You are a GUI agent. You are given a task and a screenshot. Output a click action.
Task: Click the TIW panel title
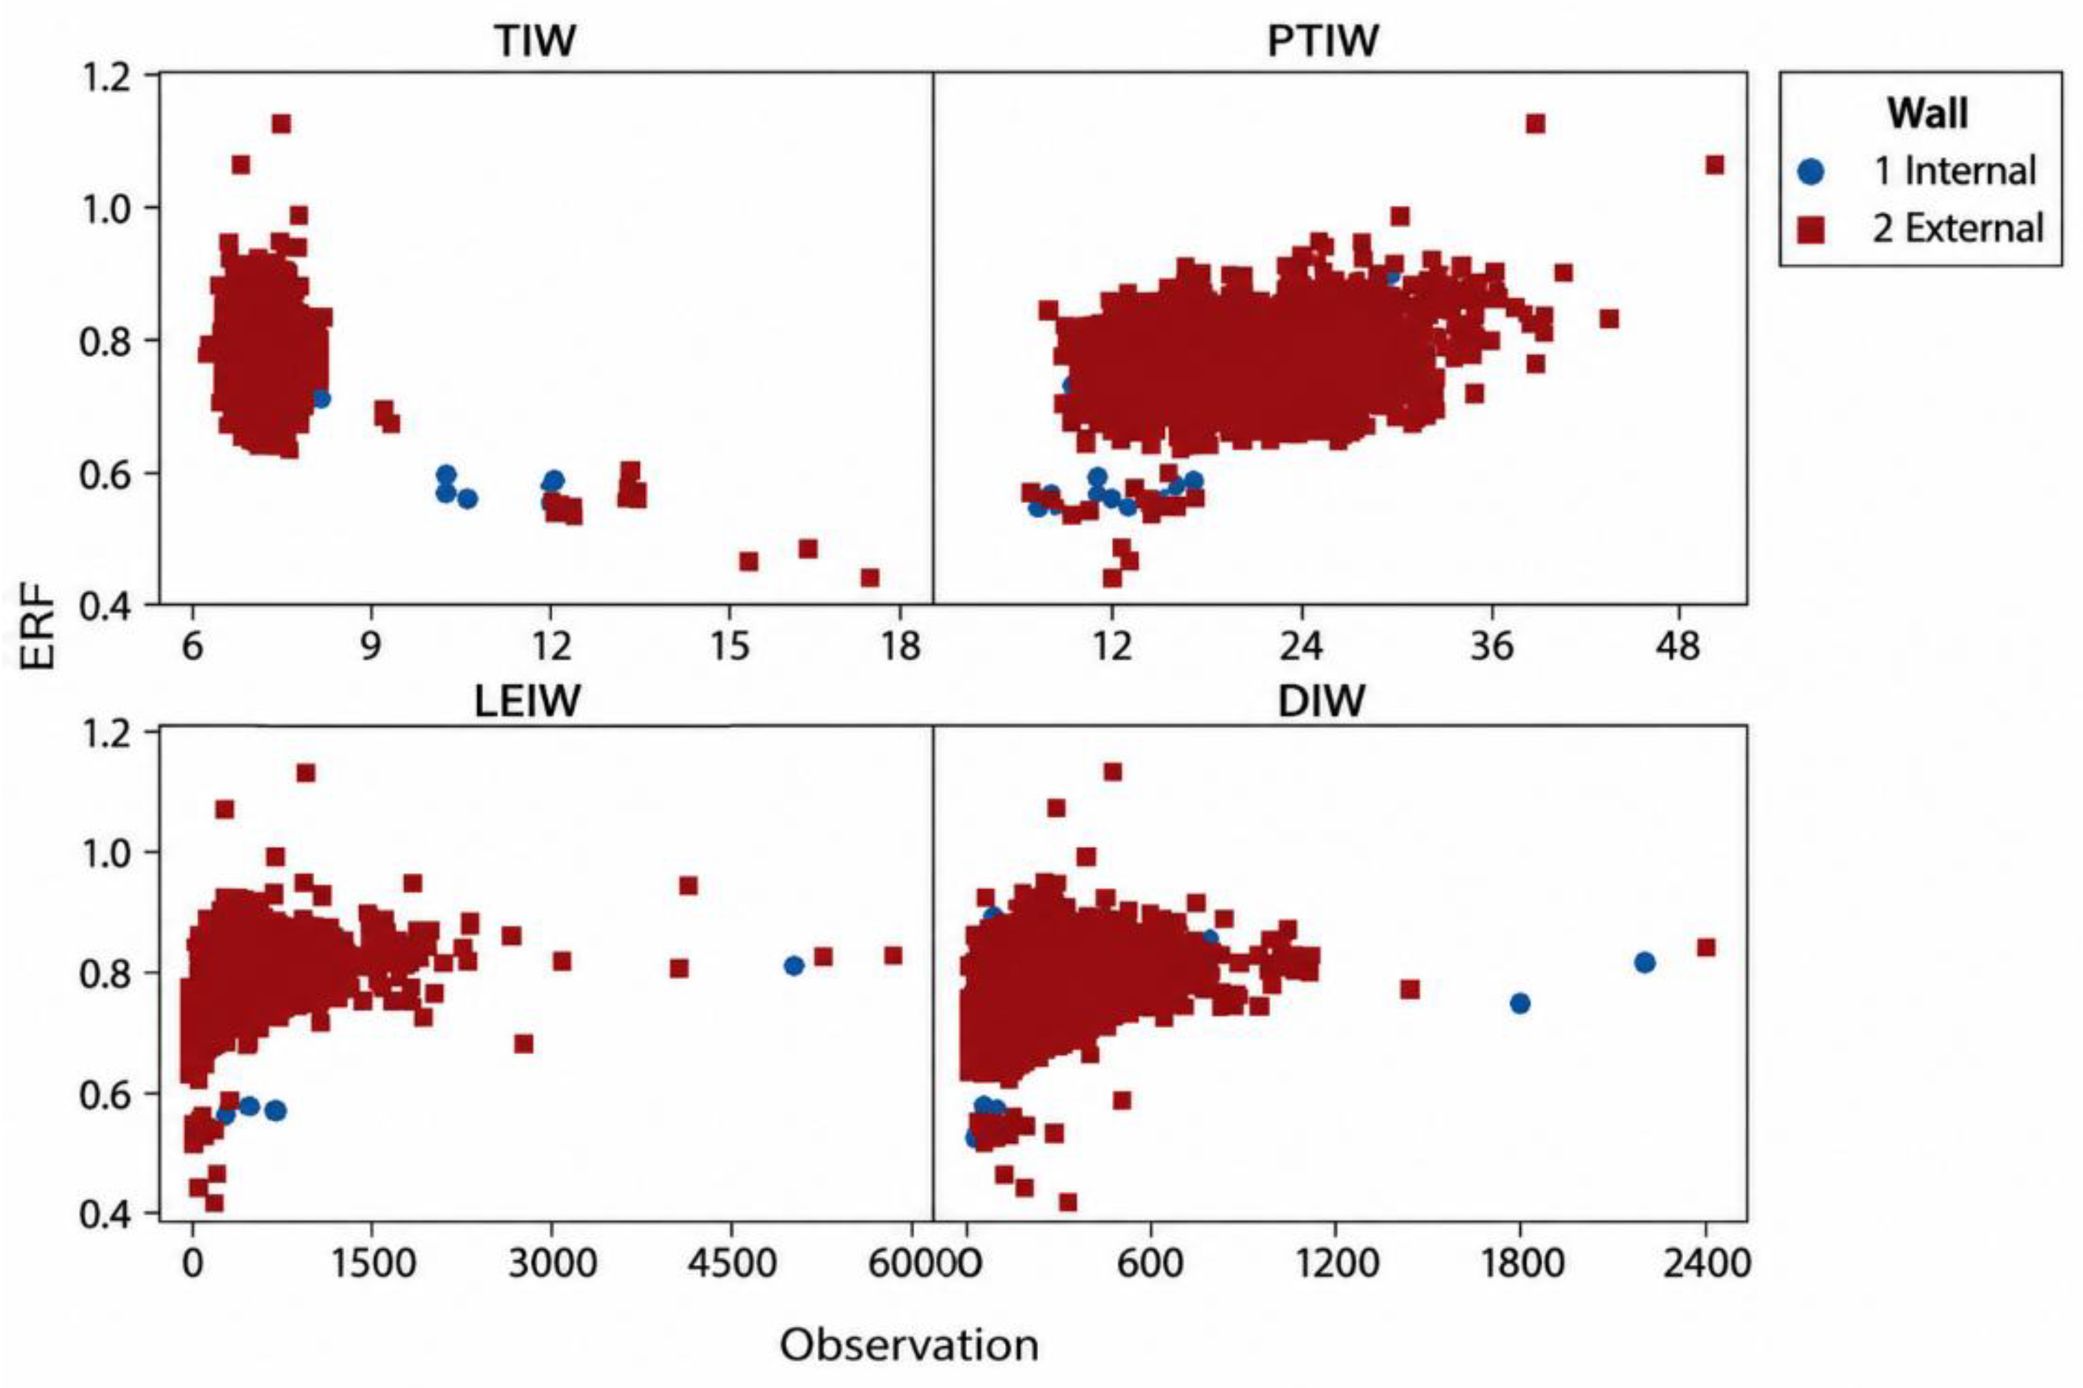pos(535,40)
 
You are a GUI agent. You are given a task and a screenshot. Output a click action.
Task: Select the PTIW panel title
pos(1322,40)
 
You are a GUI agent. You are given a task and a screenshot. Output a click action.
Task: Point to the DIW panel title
pos(1322,701)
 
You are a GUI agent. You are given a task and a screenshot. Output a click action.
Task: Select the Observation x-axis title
pos(909,1345)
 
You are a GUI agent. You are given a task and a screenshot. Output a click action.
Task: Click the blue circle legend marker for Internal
pos(1812,171)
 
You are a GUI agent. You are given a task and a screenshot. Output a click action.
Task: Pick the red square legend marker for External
pos(1812,229)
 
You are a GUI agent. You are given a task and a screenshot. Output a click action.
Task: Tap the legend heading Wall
pos(1927,114)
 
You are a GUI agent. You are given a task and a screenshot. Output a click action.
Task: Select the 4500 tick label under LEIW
pos(730,1262)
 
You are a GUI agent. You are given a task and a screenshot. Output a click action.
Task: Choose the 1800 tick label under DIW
pos(1520,1262)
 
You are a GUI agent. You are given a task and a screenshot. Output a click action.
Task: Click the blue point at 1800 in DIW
pos(1520,1003)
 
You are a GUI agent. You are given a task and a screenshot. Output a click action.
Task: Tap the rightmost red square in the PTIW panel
pos(1715,164)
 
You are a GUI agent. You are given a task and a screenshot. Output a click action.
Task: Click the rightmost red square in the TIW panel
pos(869,577)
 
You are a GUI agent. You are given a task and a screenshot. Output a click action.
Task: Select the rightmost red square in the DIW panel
pos(1706,947)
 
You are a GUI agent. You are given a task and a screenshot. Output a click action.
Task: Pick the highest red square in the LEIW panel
pos(306,773)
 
